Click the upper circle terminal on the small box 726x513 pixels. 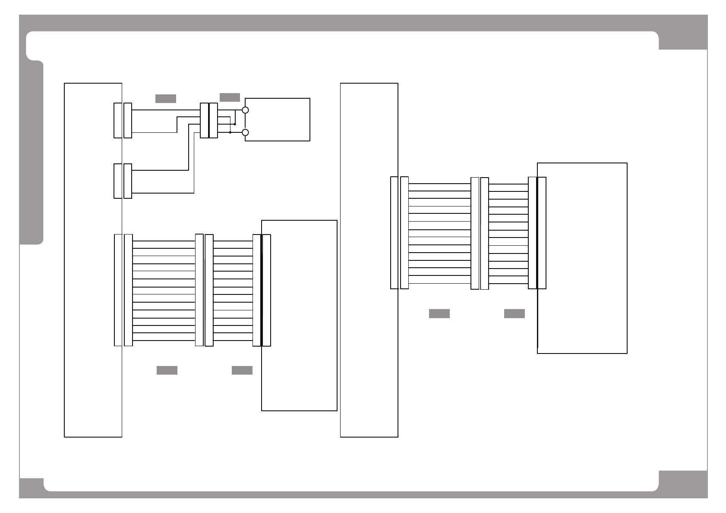click(x=245, y=110)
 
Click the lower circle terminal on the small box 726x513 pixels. click(x=245, y=132)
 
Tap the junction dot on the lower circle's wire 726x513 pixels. click(x=230, y=132)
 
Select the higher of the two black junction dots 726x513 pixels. click(x=235, y=124)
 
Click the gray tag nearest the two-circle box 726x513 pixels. click(x=230, y=97)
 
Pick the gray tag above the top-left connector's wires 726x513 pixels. click(x=166, y=99)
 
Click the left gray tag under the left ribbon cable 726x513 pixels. click(x=167, y=370)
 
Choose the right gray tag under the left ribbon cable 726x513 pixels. click(x=242, y=370)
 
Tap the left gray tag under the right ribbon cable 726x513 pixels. click(x=439, y=314)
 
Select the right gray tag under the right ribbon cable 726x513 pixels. click(x=515, y=314)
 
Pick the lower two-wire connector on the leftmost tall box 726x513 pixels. click(x=123, y=181)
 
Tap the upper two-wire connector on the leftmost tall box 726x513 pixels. click(x=123, y=120)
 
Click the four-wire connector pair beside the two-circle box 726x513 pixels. click(x=209, y=121)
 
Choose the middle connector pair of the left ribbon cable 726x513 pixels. click(x=204, y=290)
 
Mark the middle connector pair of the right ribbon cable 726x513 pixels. click(x=480, y=233)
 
